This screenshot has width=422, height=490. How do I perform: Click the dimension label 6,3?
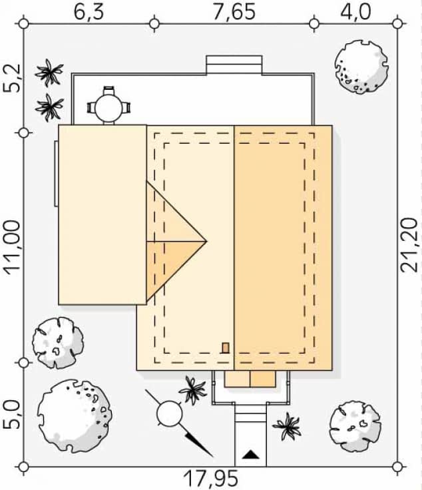coord(89,12)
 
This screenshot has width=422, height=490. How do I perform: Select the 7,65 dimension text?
coord(234,12)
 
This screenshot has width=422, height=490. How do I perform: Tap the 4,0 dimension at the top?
coord(356,12)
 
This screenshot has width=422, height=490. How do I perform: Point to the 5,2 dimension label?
coord(12,78)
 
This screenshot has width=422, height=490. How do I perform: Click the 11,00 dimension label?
coord(13,248)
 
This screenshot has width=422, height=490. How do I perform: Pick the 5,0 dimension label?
coord(12,415)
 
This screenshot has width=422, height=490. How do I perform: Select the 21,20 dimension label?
coord(409,245)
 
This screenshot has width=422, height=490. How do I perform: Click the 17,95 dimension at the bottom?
coord(210,479)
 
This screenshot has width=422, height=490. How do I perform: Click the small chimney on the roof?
coord(226,348)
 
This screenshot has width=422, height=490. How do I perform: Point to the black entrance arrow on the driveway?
coord(250,455)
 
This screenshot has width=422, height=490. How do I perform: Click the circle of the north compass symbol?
coord(169,413)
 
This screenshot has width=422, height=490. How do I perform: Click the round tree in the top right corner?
coord(361,67)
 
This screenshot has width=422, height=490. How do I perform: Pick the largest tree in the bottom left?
coord(75,416)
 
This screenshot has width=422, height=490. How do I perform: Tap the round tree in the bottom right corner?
coord(355,426)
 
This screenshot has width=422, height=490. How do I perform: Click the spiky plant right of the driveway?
coord(287,426)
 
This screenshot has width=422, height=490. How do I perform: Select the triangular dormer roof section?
coord(176,241)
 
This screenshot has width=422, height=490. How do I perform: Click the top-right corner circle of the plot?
coord(397,23)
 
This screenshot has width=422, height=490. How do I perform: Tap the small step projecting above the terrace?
coord(234,65)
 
